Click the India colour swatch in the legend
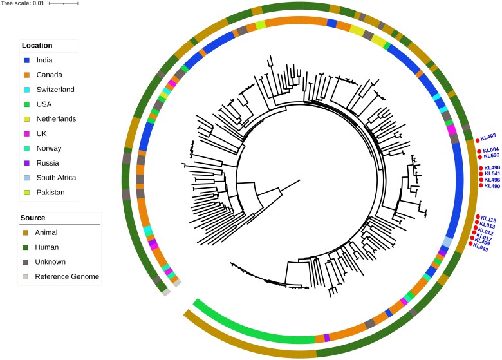[x=27, y=60]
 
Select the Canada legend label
[x=49, y=75]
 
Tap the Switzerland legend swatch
[x=27, y=90]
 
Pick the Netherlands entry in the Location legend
[x=56, y=118]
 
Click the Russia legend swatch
[x=27, y=162]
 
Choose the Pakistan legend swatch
[x=27, y=192]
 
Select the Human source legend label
[x=47, y=247]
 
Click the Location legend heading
[x=37, y=46]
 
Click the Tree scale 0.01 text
[x=22, y=3]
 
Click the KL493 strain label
[x=488, y=137]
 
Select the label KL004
[x=491, y=150]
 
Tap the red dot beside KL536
[x=479, y=156]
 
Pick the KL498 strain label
[x=492, y=167]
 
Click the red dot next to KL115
[x=477, y=217]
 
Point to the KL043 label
[x=481, y=249]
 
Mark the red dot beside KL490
[x=481, y=186]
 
